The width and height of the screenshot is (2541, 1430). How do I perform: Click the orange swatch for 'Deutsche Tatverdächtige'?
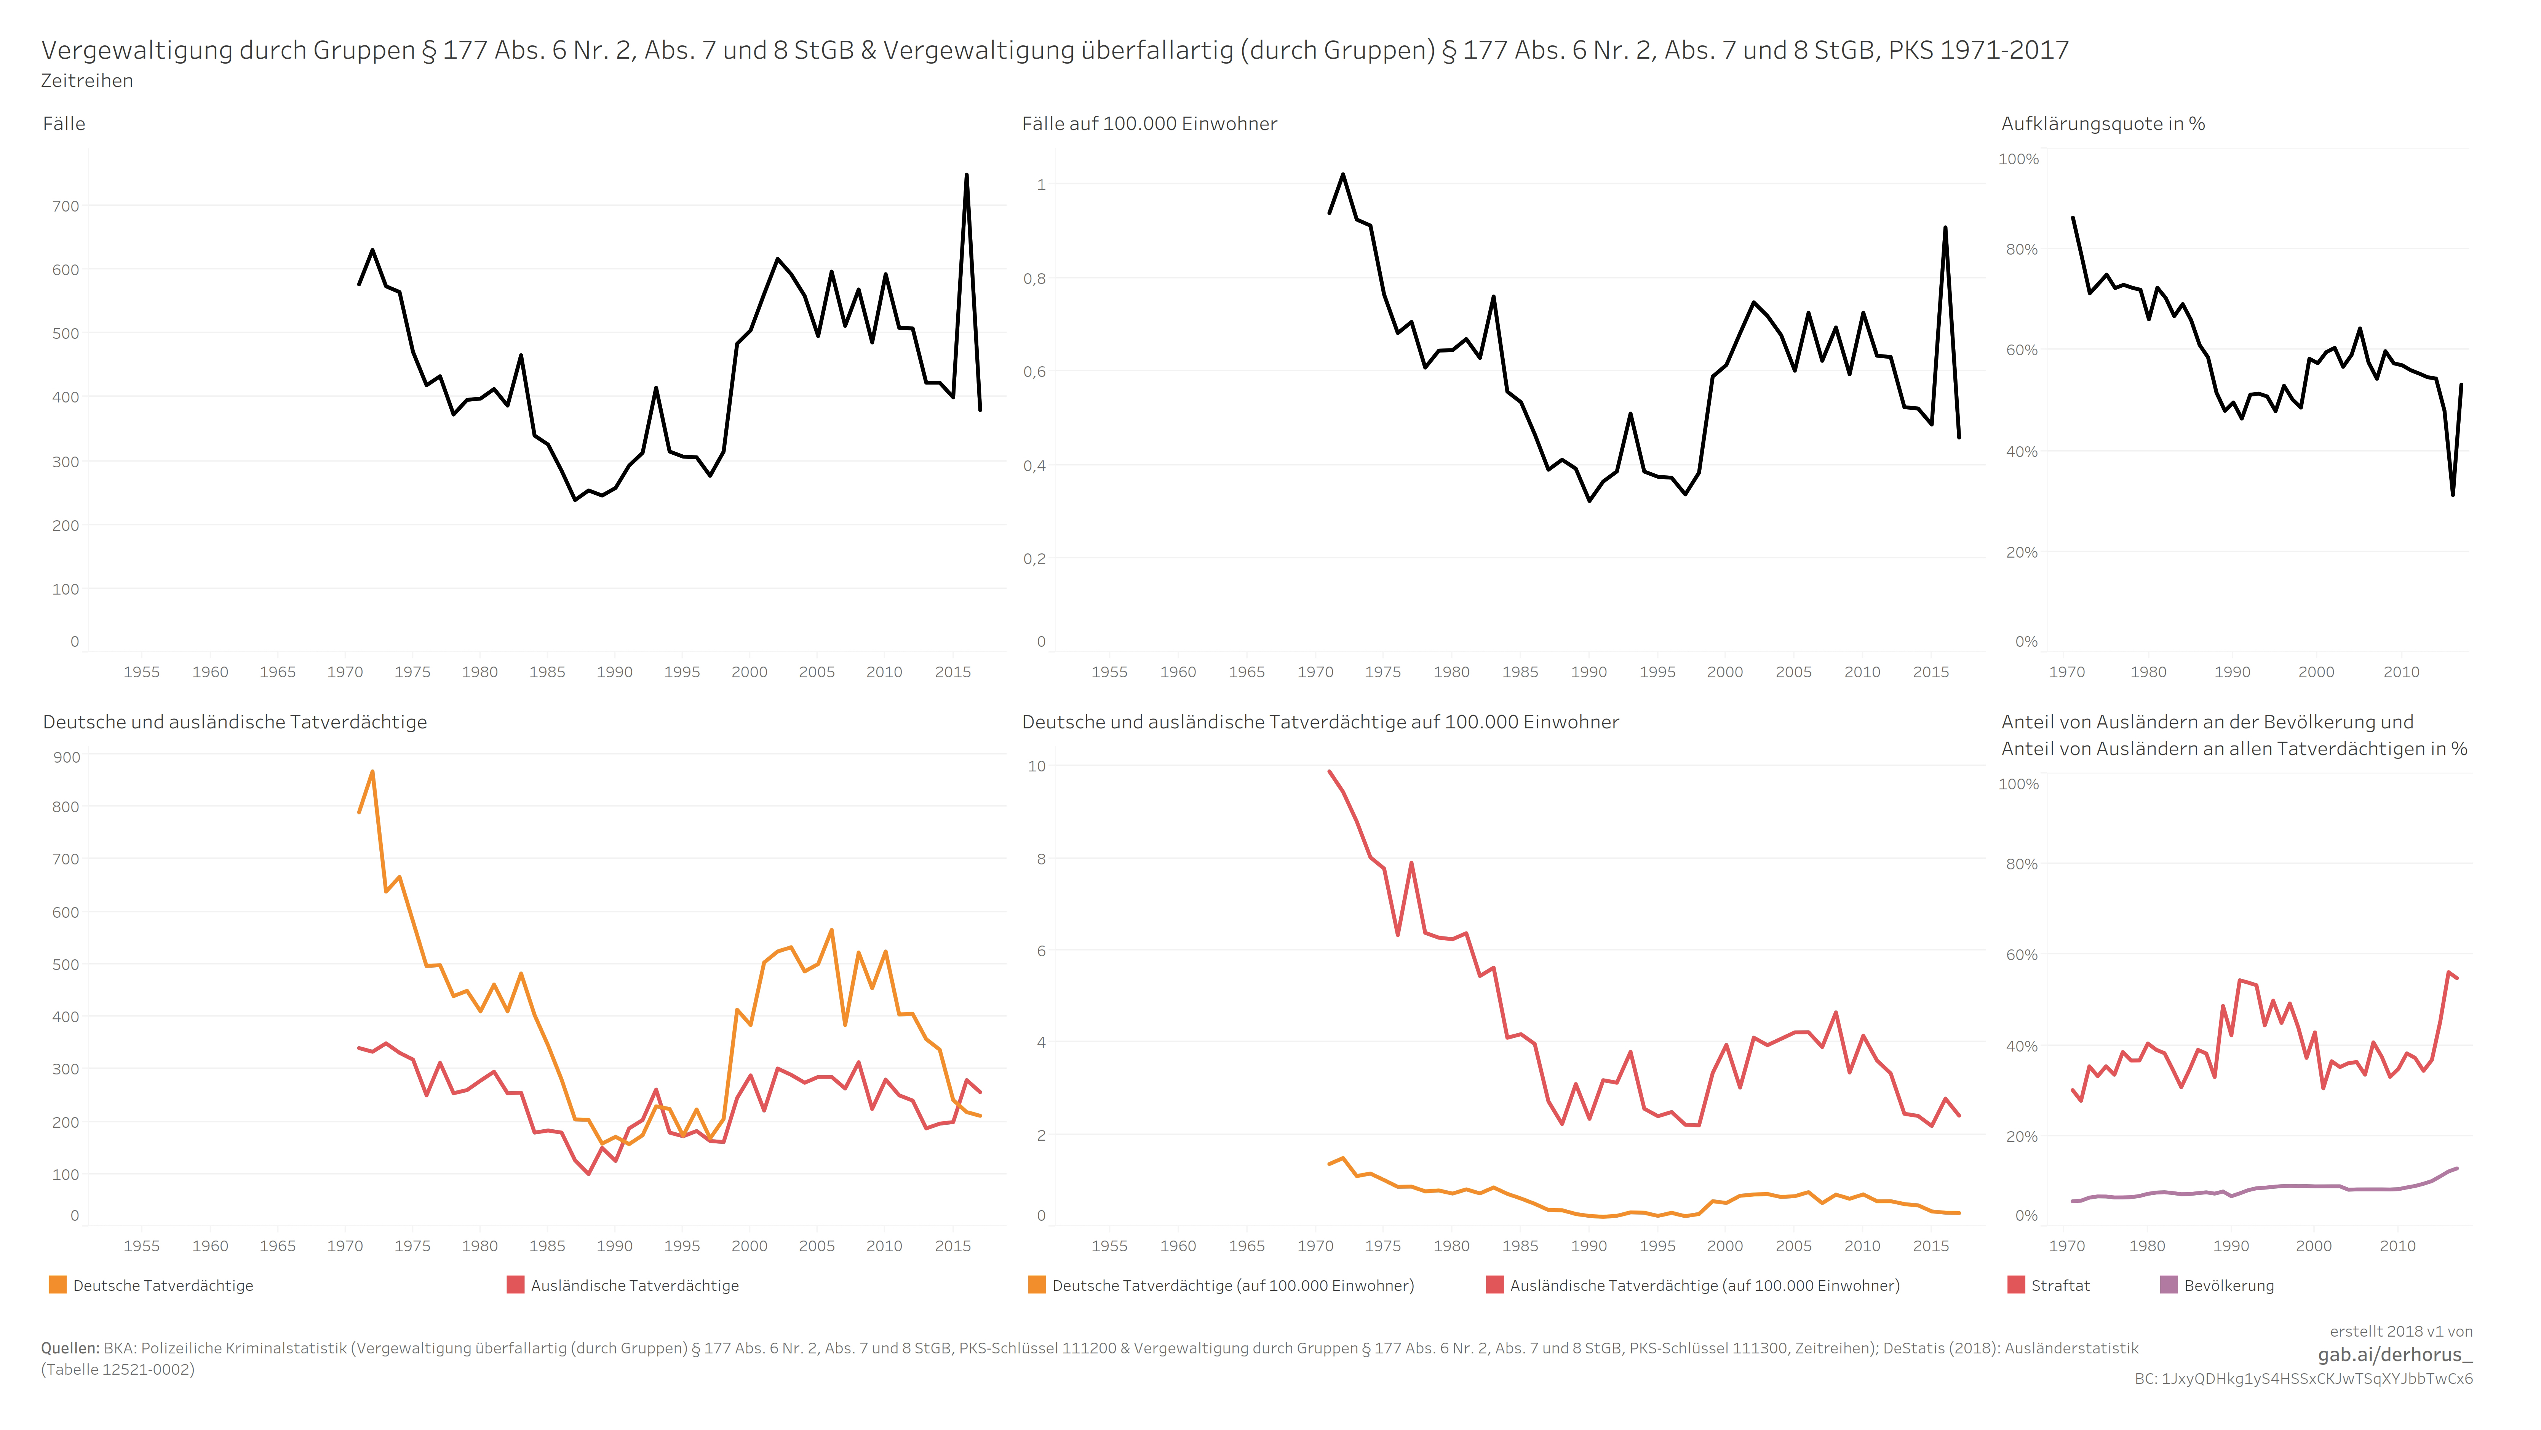click(x=57, y=1285)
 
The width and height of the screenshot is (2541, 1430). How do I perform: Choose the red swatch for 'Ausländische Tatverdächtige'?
click(x=515, y=1285)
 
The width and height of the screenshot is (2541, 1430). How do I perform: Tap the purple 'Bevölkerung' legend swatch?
click(x=2168, y=1285)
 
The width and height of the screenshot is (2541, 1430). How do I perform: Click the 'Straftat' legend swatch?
click(x=2016, y=1285)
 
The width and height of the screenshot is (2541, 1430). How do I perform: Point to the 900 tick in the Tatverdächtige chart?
click(x=66, y=758)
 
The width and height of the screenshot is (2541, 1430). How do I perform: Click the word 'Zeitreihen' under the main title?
click(x=87, y=81)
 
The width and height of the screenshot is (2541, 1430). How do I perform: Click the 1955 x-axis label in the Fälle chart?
click(x=141, y=672)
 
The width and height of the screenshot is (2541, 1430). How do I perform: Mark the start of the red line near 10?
click(x=1330, y=772)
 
